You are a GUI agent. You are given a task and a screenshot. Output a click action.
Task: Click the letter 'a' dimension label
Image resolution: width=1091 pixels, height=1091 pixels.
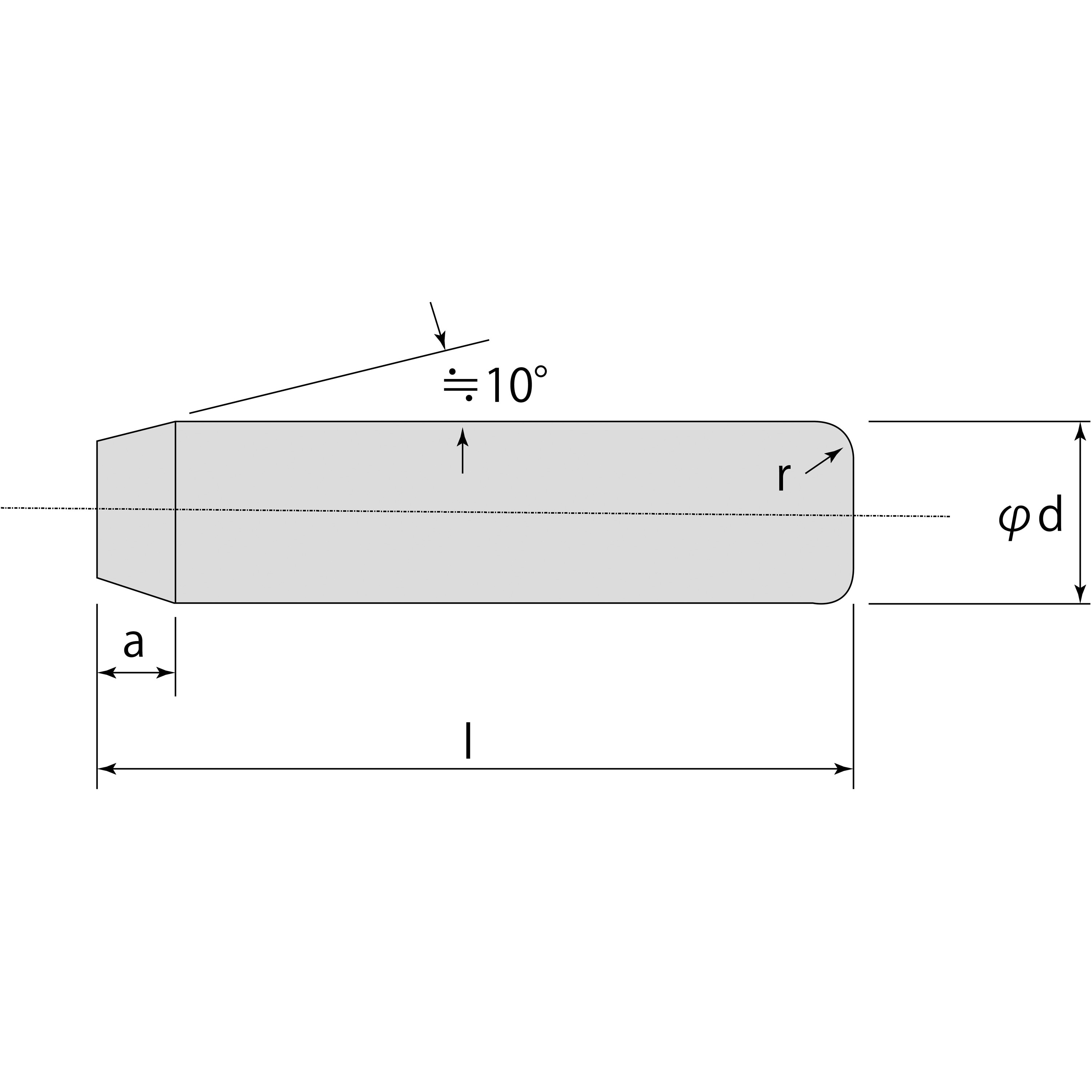point(134,644)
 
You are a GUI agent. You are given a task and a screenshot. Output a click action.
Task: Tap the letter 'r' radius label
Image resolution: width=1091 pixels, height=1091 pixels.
point(782,477)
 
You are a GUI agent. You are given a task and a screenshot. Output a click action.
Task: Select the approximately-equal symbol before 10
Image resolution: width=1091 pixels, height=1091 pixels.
point(460,386)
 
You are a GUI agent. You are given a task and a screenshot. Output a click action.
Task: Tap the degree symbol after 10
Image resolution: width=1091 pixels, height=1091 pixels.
point(540,373)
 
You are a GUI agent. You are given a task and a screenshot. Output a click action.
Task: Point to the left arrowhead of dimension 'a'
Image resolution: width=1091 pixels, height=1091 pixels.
point(107,672)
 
